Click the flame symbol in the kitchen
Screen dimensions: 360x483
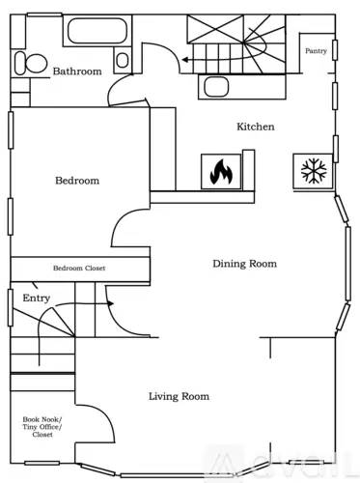[221, 172]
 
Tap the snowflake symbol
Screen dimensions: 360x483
[314, 171]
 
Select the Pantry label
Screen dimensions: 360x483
[316, 50]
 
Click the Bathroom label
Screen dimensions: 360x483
[77, 71]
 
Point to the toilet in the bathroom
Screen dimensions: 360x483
[31, 63]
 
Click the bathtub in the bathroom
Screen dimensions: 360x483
[97, 31]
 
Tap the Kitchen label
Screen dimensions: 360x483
[256, 127]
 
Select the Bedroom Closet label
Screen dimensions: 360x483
[79, 268]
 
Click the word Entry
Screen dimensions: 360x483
[37, 298]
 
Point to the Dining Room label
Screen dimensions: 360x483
[244, 264]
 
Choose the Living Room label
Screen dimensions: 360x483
[179, 396]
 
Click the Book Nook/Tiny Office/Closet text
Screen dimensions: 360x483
[42, 427]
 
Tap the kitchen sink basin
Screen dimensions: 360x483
[216, 87]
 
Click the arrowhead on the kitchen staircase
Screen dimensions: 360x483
[184, 60]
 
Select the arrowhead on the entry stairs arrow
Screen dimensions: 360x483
[111, 303]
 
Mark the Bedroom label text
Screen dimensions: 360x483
[77, 181]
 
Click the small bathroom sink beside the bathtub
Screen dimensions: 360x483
[123, 60]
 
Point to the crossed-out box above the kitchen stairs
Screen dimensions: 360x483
[215, 29]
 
